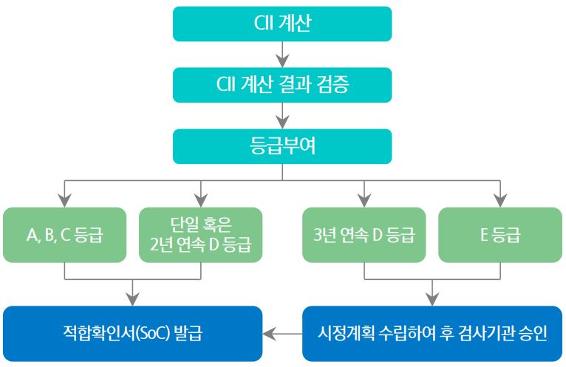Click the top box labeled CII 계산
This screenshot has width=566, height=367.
pyautogui.click(x=282, y=24)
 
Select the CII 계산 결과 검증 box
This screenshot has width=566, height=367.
pyautogui.click(x=282, y=85)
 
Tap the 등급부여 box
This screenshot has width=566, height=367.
pyautogui.click(x=282, y=146)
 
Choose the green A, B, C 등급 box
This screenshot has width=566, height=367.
pyautogui.click(x=64, y=236)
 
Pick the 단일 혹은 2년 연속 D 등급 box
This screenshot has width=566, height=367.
pyautogui.click(x=200, y=236)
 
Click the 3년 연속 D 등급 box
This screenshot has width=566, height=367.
pyautogui.click(x=364, y=236)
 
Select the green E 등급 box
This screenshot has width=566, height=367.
pyautogui.click(x=500, y=236)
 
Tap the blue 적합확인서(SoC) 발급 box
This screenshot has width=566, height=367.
pyautogui.click(x=133, y=334)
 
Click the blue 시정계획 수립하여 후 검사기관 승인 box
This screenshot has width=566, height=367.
pyautogui.click(x=432, y=334)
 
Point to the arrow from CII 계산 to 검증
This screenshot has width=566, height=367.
pyautogui.click(x=282, y=55)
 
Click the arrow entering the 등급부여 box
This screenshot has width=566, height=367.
pyautogui.click(x=282, y=116)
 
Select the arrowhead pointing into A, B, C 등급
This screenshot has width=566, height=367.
pyautogui.click(x=64, y=200)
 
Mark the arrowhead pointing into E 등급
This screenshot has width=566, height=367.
pyautogui.click(x=500, y=200)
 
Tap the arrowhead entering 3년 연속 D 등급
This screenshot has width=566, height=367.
pyautogui.click(x=364, y=200)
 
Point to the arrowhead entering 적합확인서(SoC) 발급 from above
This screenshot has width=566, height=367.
pyautogui.click(x=133, y=298)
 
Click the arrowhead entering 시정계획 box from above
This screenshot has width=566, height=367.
pyautogui.click(x=432, y=298)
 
